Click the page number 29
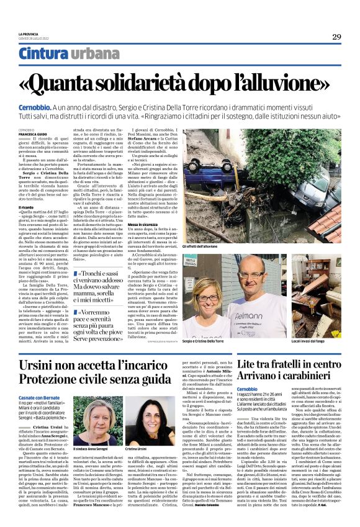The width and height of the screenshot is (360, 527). tap(336, 37)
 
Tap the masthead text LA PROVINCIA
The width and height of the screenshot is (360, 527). tap(31, 34)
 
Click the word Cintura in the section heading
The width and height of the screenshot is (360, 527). tap(43, 54)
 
